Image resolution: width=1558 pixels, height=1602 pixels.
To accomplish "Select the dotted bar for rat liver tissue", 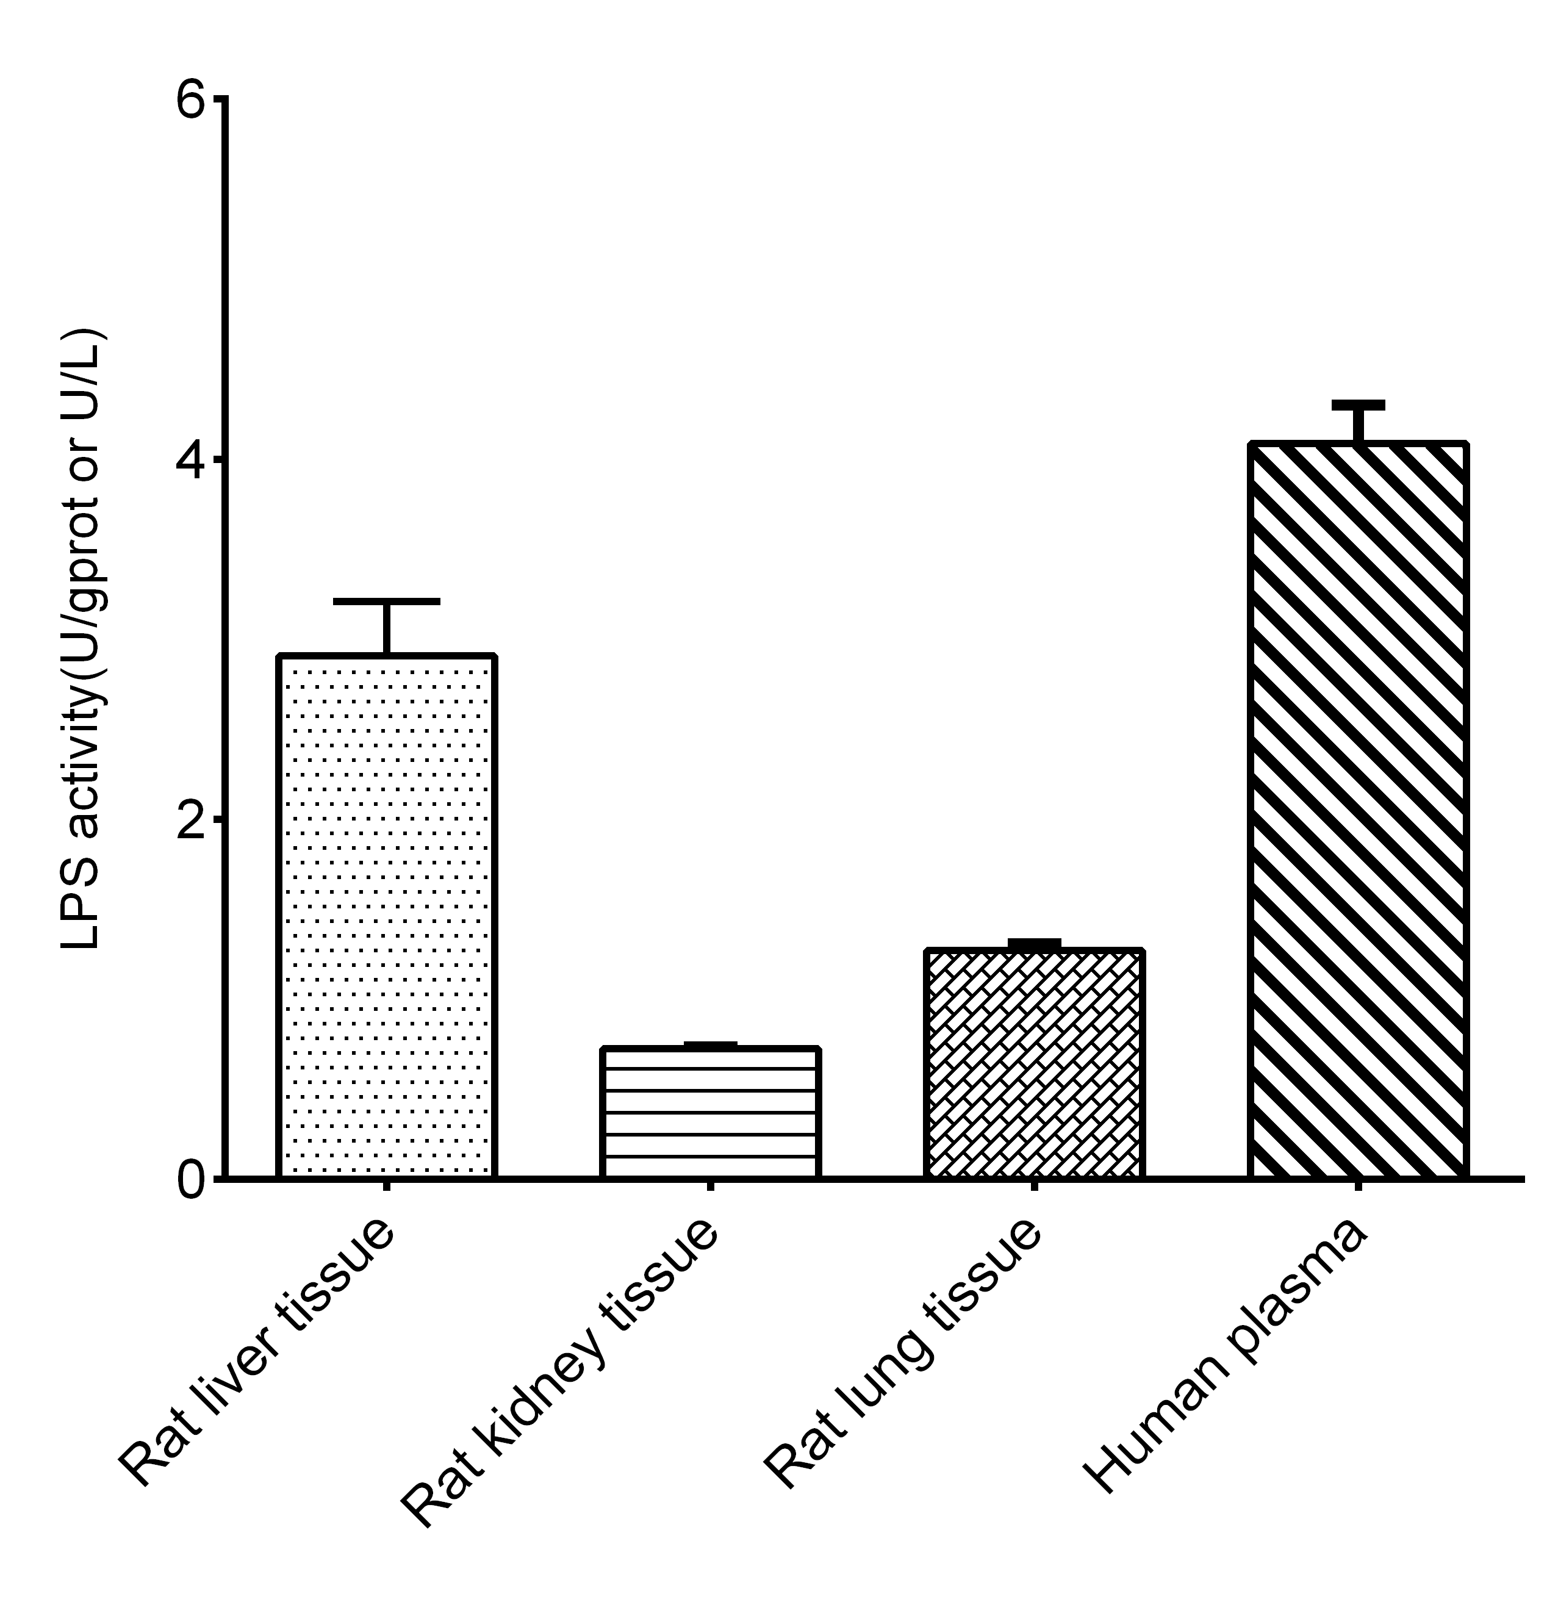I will pos(386,916).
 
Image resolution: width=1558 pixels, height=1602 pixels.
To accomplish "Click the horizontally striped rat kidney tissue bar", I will pos(710,1113).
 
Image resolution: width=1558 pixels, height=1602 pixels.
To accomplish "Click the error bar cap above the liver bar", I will pos(386,602).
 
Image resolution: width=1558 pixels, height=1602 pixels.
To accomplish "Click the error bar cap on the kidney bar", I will pos(710,1045).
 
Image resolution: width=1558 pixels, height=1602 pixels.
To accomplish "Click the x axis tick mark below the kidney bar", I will pos(710,1185).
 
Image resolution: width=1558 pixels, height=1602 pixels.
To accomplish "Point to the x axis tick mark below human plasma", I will pos(1359,1185).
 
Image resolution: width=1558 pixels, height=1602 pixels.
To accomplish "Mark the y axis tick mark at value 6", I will pos(218,98).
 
